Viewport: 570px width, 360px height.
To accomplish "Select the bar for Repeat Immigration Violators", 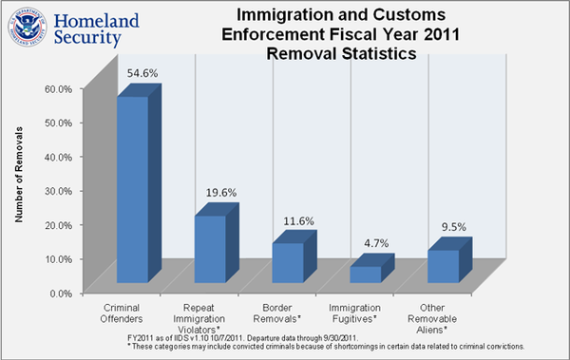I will (210, 248).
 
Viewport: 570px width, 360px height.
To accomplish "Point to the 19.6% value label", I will (221, 192).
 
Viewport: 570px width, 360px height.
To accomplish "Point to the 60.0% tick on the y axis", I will (59, 88).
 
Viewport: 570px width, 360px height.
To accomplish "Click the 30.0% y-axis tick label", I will (59, 190).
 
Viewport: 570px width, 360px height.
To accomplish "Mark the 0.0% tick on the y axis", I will (61, 293).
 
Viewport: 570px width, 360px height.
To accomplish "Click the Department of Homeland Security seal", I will (23, 27).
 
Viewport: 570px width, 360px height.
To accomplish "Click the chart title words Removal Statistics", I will (341, 54).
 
